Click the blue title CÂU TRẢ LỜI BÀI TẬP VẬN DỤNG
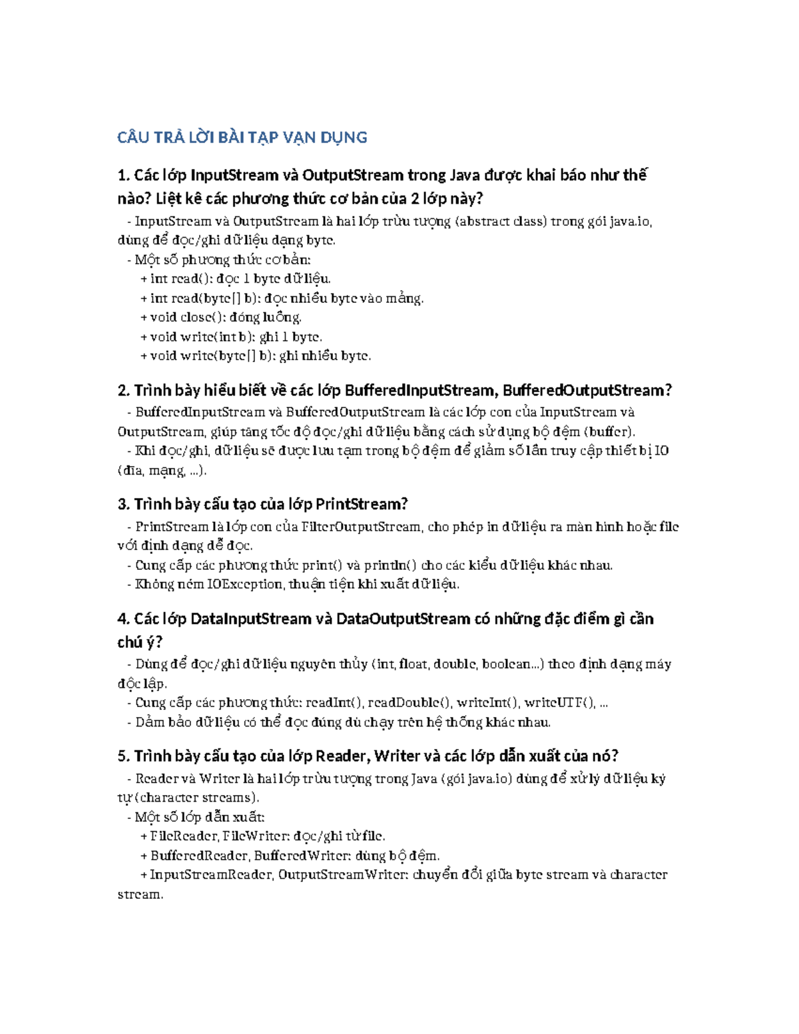242,138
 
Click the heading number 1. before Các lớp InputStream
123,176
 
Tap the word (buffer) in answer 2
607,431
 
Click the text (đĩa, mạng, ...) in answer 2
162,471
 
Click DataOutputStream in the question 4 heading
403,619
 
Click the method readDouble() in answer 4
409,702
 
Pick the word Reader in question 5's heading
342,756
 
